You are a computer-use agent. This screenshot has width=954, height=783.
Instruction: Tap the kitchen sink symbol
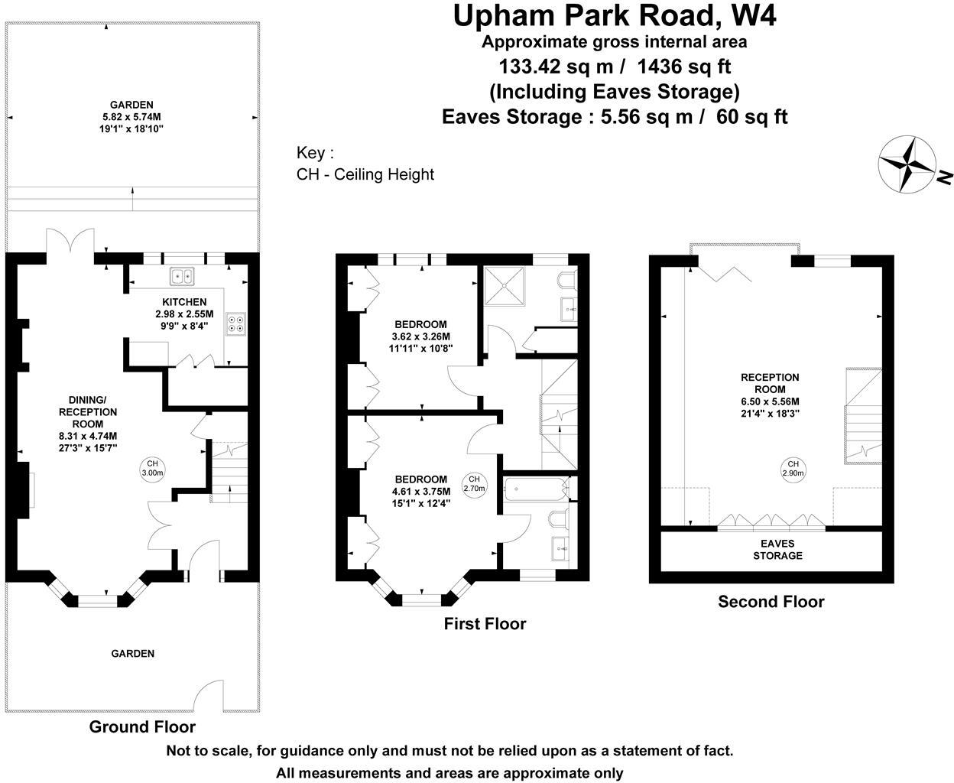(x=183, y=276)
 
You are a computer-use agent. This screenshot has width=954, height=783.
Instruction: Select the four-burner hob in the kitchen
(x=235, y=324)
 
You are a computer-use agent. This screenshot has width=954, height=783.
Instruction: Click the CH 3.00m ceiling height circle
(x=152, y=468)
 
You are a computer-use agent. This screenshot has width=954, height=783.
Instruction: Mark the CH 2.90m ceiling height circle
(x=793, y=468)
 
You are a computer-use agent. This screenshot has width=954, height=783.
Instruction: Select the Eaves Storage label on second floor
(x=777, y=549)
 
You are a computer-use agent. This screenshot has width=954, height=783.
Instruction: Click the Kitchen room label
(x=184, y=302)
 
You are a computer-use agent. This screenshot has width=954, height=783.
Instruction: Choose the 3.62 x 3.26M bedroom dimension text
(x=420, y=336)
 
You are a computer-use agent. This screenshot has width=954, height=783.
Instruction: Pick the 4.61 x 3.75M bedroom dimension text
(x=420, y=492)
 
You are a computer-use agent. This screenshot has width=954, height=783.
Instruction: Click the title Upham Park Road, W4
(x=615, y=16)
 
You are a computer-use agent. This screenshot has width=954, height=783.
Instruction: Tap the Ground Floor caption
(x=142, y=726)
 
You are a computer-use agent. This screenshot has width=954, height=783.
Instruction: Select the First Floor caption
(x=485, y=624)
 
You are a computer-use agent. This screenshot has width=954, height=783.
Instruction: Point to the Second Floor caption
(x=771, y=602)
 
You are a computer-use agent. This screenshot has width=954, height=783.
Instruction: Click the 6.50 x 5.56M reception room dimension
(x=770, y=401)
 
